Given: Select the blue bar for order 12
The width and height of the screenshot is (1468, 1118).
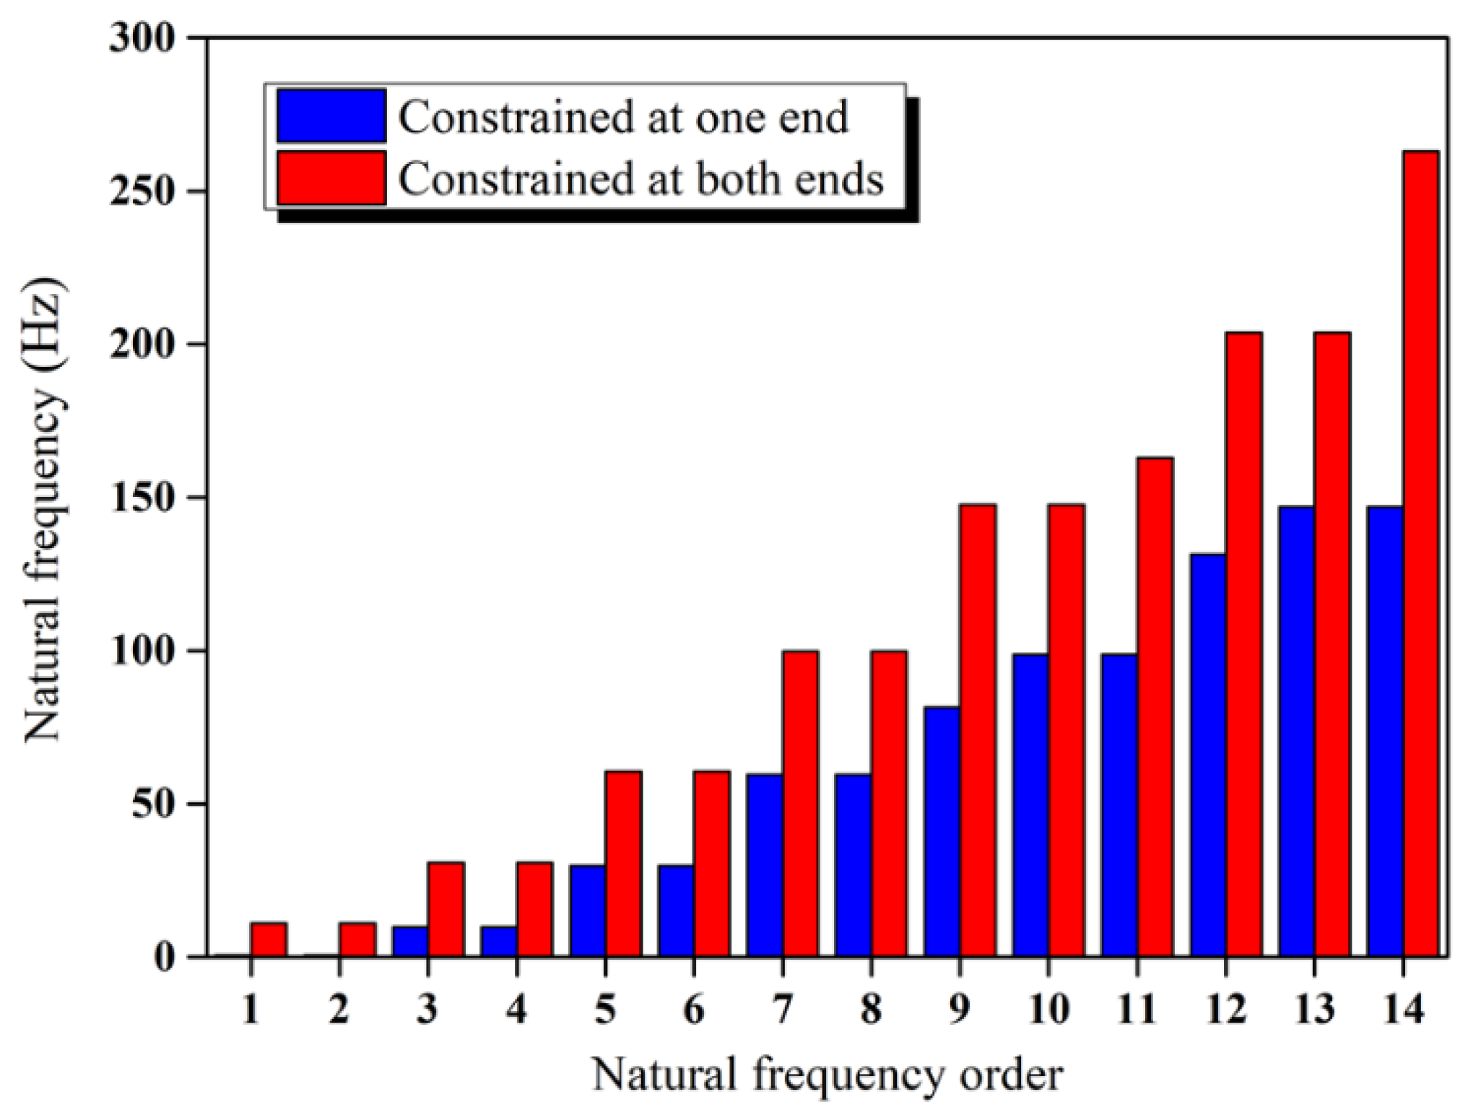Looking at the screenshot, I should tap(1208, 755).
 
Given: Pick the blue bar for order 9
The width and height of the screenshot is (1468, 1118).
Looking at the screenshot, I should tap(942, 831).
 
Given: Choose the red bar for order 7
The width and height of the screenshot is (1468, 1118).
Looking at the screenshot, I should tap(800, 803).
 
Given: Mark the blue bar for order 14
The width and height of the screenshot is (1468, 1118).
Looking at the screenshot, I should tap(1385, 731).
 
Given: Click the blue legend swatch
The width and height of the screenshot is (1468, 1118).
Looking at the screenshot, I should tap(331, 116).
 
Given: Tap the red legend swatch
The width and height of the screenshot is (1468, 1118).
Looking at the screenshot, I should tap(331, 178).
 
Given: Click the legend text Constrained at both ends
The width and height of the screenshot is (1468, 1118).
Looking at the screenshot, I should tap(640, 178).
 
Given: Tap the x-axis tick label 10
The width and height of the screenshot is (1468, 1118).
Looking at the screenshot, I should tap(1048, 1009).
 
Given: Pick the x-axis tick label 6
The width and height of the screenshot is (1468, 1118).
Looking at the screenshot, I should tap(693, 1009).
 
